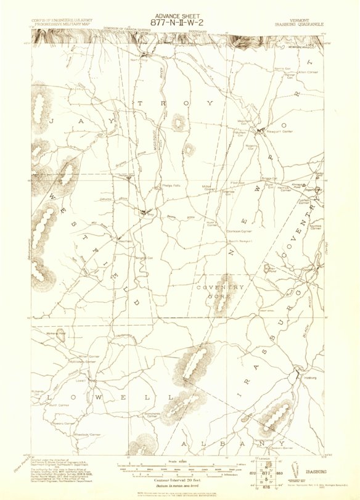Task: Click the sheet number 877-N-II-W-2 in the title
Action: [x=180, y=18]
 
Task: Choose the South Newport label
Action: [x=241, y=240]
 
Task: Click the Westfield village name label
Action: [x=125, y=240]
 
